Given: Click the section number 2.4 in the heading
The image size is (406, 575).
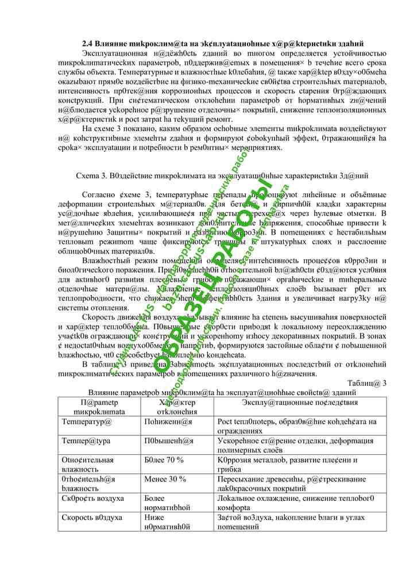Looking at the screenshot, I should point(87,44).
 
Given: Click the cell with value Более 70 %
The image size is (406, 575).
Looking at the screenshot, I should point(164,460).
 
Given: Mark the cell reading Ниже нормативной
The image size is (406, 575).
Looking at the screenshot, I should point(167,522).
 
